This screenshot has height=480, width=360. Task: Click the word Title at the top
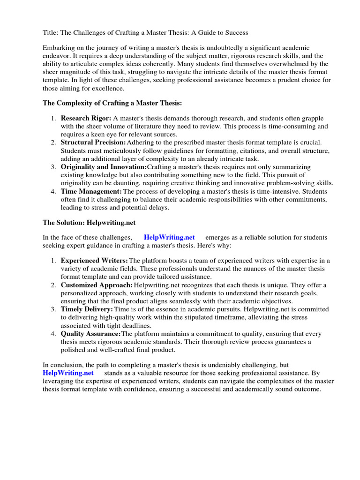pos(50,33)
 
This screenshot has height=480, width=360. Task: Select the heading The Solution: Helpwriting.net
pos(89,222)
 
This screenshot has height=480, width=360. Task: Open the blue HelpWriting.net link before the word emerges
pos(169,238)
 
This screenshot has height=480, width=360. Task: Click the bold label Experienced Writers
pos(94,261)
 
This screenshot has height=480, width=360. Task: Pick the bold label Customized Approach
pos(97,285)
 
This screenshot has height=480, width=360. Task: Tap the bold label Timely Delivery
pos(87,309)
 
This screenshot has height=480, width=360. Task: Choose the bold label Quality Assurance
pos(90,334)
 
